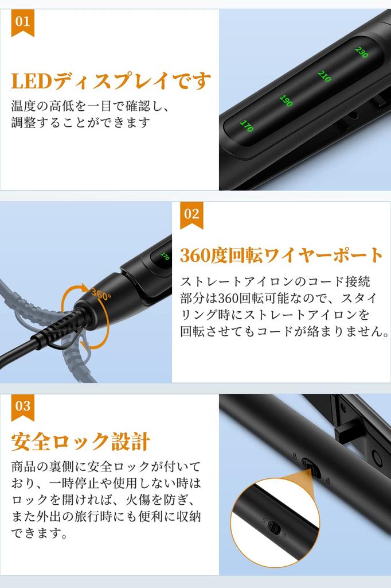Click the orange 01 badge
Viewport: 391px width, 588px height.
(22, 23)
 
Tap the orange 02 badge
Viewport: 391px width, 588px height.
(191, 215)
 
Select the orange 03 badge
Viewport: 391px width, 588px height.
(22, 407)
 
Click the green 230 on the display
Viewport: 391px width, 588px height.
(361, 52)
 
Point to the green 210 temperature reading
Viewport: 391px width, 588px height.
(324, 76)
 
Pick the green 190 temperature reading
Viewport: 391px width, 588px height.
(286, 100)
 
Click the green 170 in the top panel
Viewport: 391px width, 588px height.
(247, 126)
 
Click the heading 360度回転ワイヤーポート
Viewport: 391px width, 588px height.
(281, 255)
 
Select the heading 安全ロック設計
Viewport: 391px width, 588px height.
(80, 442)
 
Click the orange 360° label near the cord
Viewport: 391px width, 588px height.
(100, 296)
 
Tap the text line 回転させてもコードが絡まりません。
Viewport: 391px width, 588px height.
(285, 332)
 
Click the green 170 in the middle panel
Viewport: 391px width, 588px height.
(165, 257)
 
